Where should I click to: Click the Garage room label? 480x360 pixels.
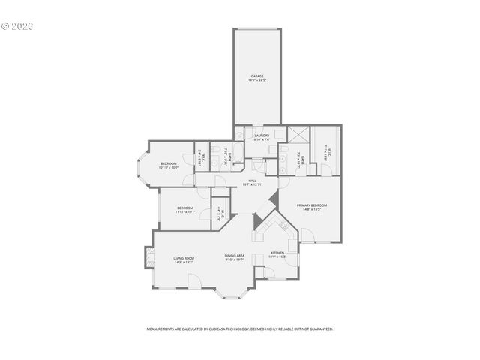(x=256, y=76)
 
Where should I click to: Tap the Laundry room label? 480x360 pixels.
(x=262, y=136)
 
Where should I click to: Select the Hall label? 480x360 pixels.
(x=252, y=180)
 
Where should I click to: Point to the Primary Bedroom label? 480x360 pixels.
(x=311, y=205)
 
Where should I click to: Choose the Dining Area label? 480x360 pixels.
(x=235, y=256)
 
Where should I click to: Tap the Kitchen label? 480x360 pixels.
(x=277, y=253)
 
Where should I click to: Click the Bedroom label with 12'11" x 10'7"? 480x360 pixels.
(x=168, y=163)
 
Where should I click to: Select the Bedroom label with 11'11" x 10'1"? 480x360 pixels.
(x=185, y=208)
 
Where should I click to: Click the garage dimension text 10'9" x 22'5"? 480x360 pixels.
(x=256, y=79)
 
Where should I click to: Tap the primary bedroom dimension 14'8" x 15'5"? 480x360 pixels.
(x=311, y=210)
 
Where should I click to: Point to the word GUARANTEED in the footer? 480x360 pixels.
(x=320, y=328)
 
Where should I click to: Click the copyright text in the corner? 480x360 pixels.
(x=18, y=26)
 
